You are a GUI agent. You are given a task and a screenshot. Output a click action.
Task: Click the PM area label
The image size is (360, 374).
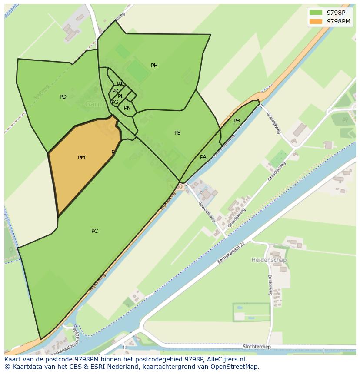81,158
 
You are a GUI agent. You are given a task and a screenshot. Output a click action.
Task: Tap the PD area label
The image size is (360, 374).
63,97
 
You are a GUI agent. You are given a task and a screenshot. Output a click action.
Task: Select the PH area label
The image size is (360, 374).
154,66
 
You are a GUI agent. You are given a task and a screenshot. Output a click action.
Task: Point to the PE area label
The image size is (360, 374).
177,133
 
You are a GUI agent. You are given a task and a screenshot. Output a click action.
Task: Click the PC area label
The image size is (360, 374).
94,231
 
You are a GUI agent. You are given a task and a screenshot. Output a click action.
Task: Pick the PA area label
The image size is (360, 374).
203,157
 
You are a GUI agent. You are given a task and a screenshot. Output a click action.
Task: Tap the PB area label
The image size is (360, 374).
237,121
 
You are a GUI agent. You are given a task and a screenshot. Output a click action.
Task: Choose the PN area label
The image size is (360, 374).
127,108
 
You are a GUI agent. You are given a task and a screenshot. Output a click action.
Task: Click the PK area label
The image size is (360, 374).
115,91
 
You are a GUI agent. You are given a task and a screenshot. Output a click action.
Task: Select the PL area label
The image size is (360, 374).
121,96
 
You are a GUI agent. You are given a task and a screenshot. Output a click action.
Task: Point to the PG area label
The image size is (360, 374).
115,102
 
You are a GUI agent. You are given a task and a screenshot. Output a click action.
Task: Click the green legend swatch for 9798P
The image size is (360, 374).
316,13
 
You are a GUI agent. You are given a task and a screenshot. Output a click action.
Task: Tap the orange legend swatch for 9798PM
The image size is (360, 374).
316,21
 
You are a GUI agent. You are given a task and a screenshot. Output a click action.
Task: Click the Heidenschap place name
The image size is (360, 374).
269,260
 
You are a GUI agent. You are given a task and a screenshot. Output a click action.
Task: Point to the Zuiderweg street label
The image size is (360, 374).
270,285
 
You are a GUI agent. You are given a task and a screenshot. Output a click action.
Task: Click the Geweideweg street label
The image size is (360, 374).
207,212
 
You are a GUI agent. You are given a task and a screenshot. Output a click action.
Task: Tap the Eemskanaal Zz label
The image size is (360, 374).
231,255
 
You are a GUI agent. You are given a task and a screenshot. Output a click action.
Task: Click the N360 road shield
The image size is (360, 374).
176,186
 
